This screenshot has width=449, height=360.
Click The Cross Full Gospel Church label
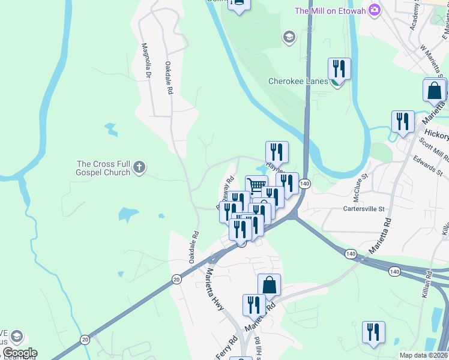[103, 168]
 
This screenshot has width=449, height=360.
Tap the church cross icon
[139, 167]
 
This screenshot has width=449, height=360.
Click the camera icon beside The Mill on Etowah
[375, 10]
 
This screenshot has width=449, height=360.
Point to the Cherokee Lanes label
[298, 82]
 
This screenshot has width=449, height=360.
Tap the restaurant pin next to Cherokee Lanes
[339, 69]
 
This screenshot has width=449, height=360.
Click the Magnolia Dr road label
[146, 60]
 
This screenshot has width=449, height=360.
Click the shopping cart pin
[256, 186]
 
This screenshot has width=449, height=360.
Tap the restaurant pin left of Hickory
[402, 121]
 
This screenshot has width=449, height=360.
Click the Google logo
[19, 353]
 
